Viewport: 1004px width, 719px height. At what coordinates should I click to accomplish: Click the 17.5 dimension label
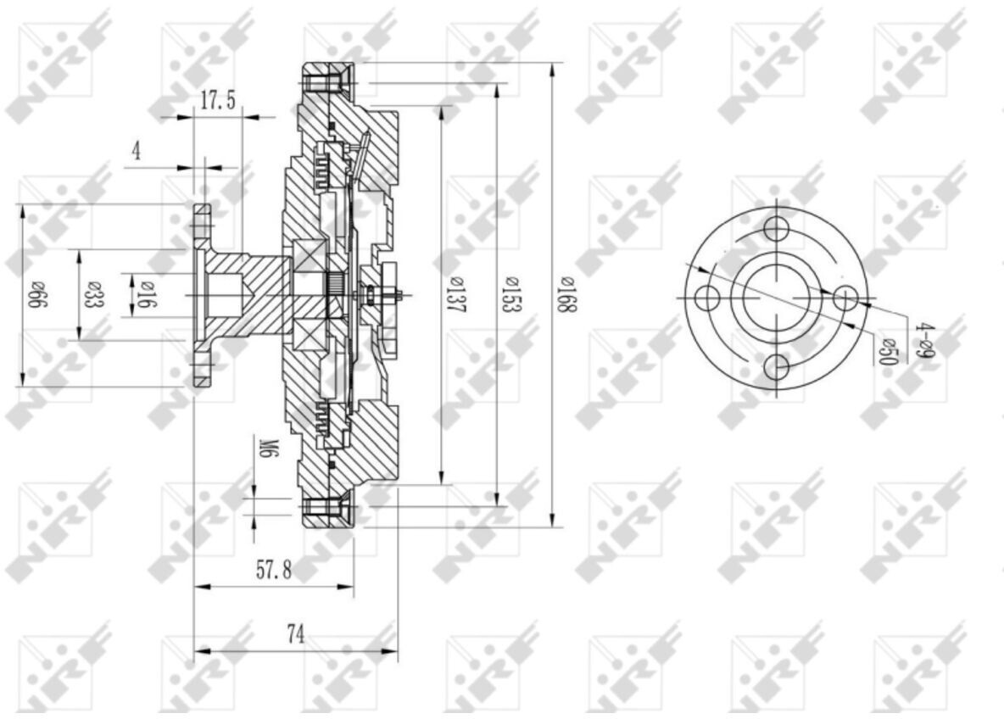click(x=218, y=101)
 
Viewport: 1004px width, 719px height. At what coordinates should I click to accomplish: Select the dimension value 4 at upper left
click(x=136, y=151)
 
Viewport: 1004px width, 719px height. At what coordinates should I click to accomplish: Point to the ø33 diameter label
click(x=93, y=294)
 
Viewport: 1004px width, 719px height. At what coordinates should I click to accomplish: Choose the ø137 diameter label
click(x=456, y=295)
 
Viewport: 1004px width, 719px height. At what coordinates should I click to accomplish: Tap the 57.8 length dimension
click(x=274, y=569)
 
